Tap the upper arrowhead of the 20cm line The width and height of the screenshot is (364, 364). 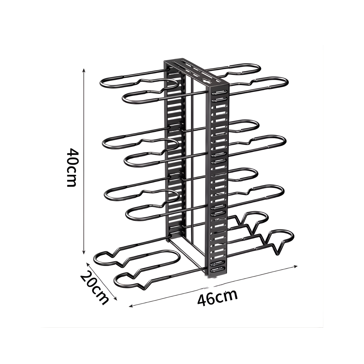[x=88, y=264]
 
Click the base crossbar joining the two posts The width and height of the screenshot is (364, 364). [x=187, y=256]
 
